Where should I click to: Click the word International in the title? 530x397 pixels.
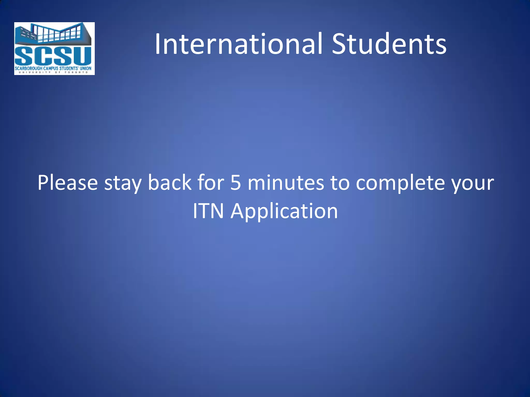238,44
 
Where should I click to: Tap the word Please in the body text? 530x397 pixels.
68,183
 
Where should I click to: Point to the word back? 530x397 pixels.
169,182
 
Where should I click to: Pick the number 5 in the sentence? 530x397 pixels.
235,183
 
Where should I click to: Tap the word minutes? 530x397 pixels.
286,183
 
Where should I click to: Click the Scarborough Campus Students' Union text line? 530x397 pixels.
53,68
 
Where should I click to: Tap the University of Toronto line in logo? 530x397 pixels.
53,72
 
